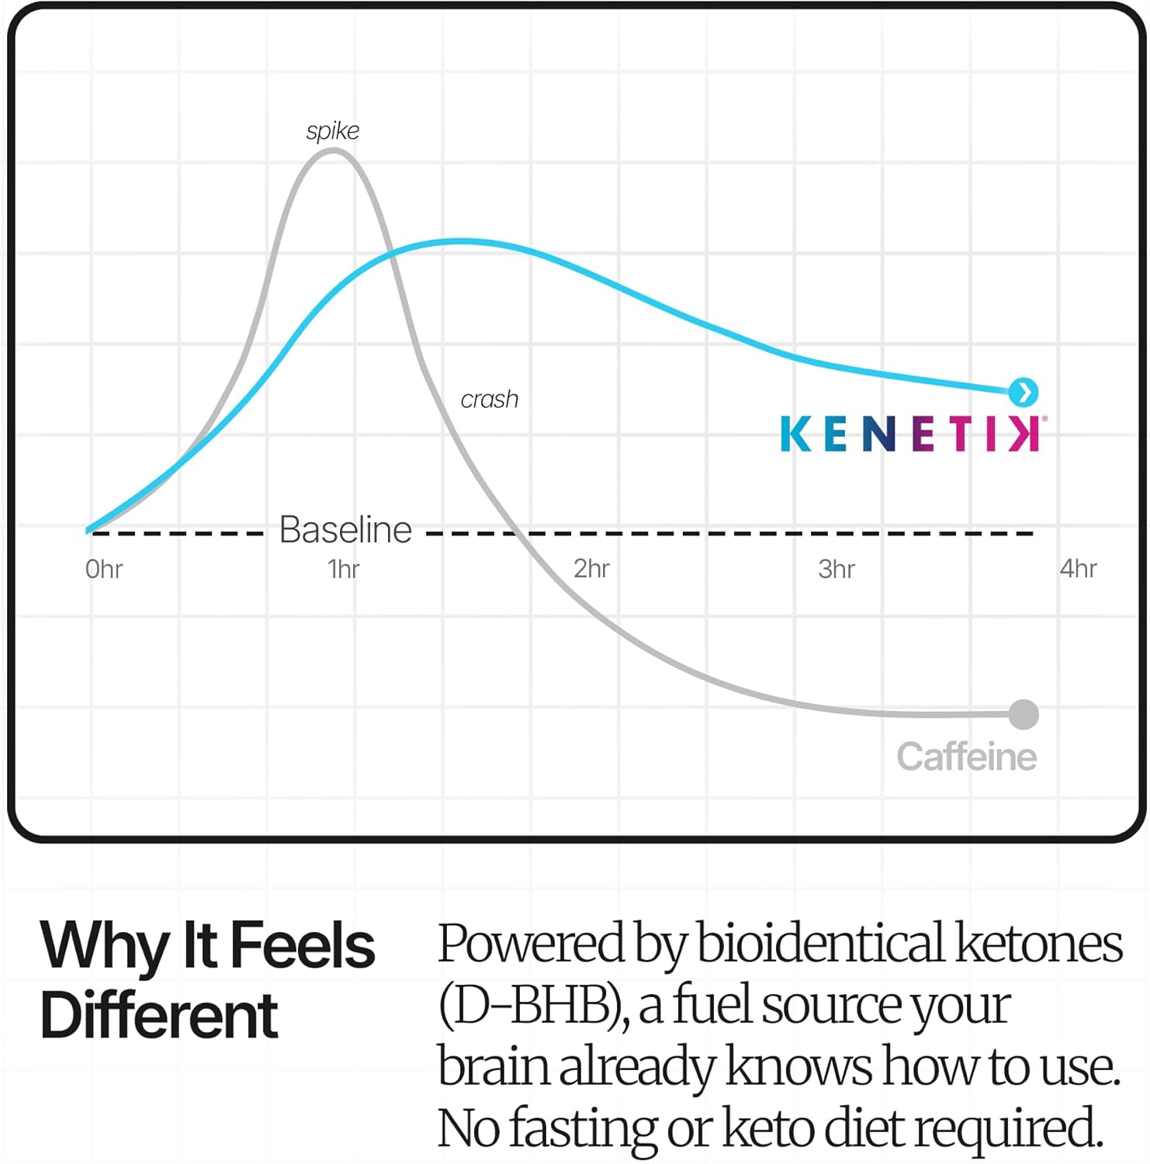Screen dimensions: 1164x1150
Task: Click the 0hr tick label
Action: (104, 570)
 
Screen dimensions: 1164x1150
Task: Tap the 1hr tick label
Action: (344, 570)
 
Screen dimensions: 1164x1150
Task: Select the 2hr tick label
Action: (591, 569)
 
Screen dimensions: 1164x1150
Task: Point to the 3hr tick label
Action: (837, 570)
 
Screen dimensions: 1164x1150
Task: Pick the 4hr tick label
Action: (1078, 569)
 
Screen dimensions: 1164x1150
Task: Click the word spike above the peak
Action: (333, 131)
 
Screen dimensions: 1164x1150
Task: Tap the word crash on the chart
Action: (489, 400)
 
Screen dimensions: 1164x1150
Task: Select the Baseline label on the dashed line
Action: (345, 530)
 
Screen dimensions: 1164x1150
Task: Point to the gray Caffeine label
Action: (966, 757)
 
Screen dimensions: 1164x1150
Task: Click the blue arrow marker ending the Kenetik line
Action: (1024, 392)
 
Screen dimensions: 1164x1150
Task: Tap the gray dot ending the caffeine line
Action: (1024, 714)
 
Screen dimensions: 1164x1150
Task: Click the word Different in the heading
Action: (159, 1016)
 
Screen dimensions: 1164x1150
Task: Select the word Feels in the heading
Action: (303, 946)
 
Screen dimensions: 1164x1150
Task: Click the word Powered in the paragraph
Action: (531, 944)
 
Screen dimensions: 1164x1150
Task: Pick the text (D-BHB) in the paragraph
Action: (533, 1006)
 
